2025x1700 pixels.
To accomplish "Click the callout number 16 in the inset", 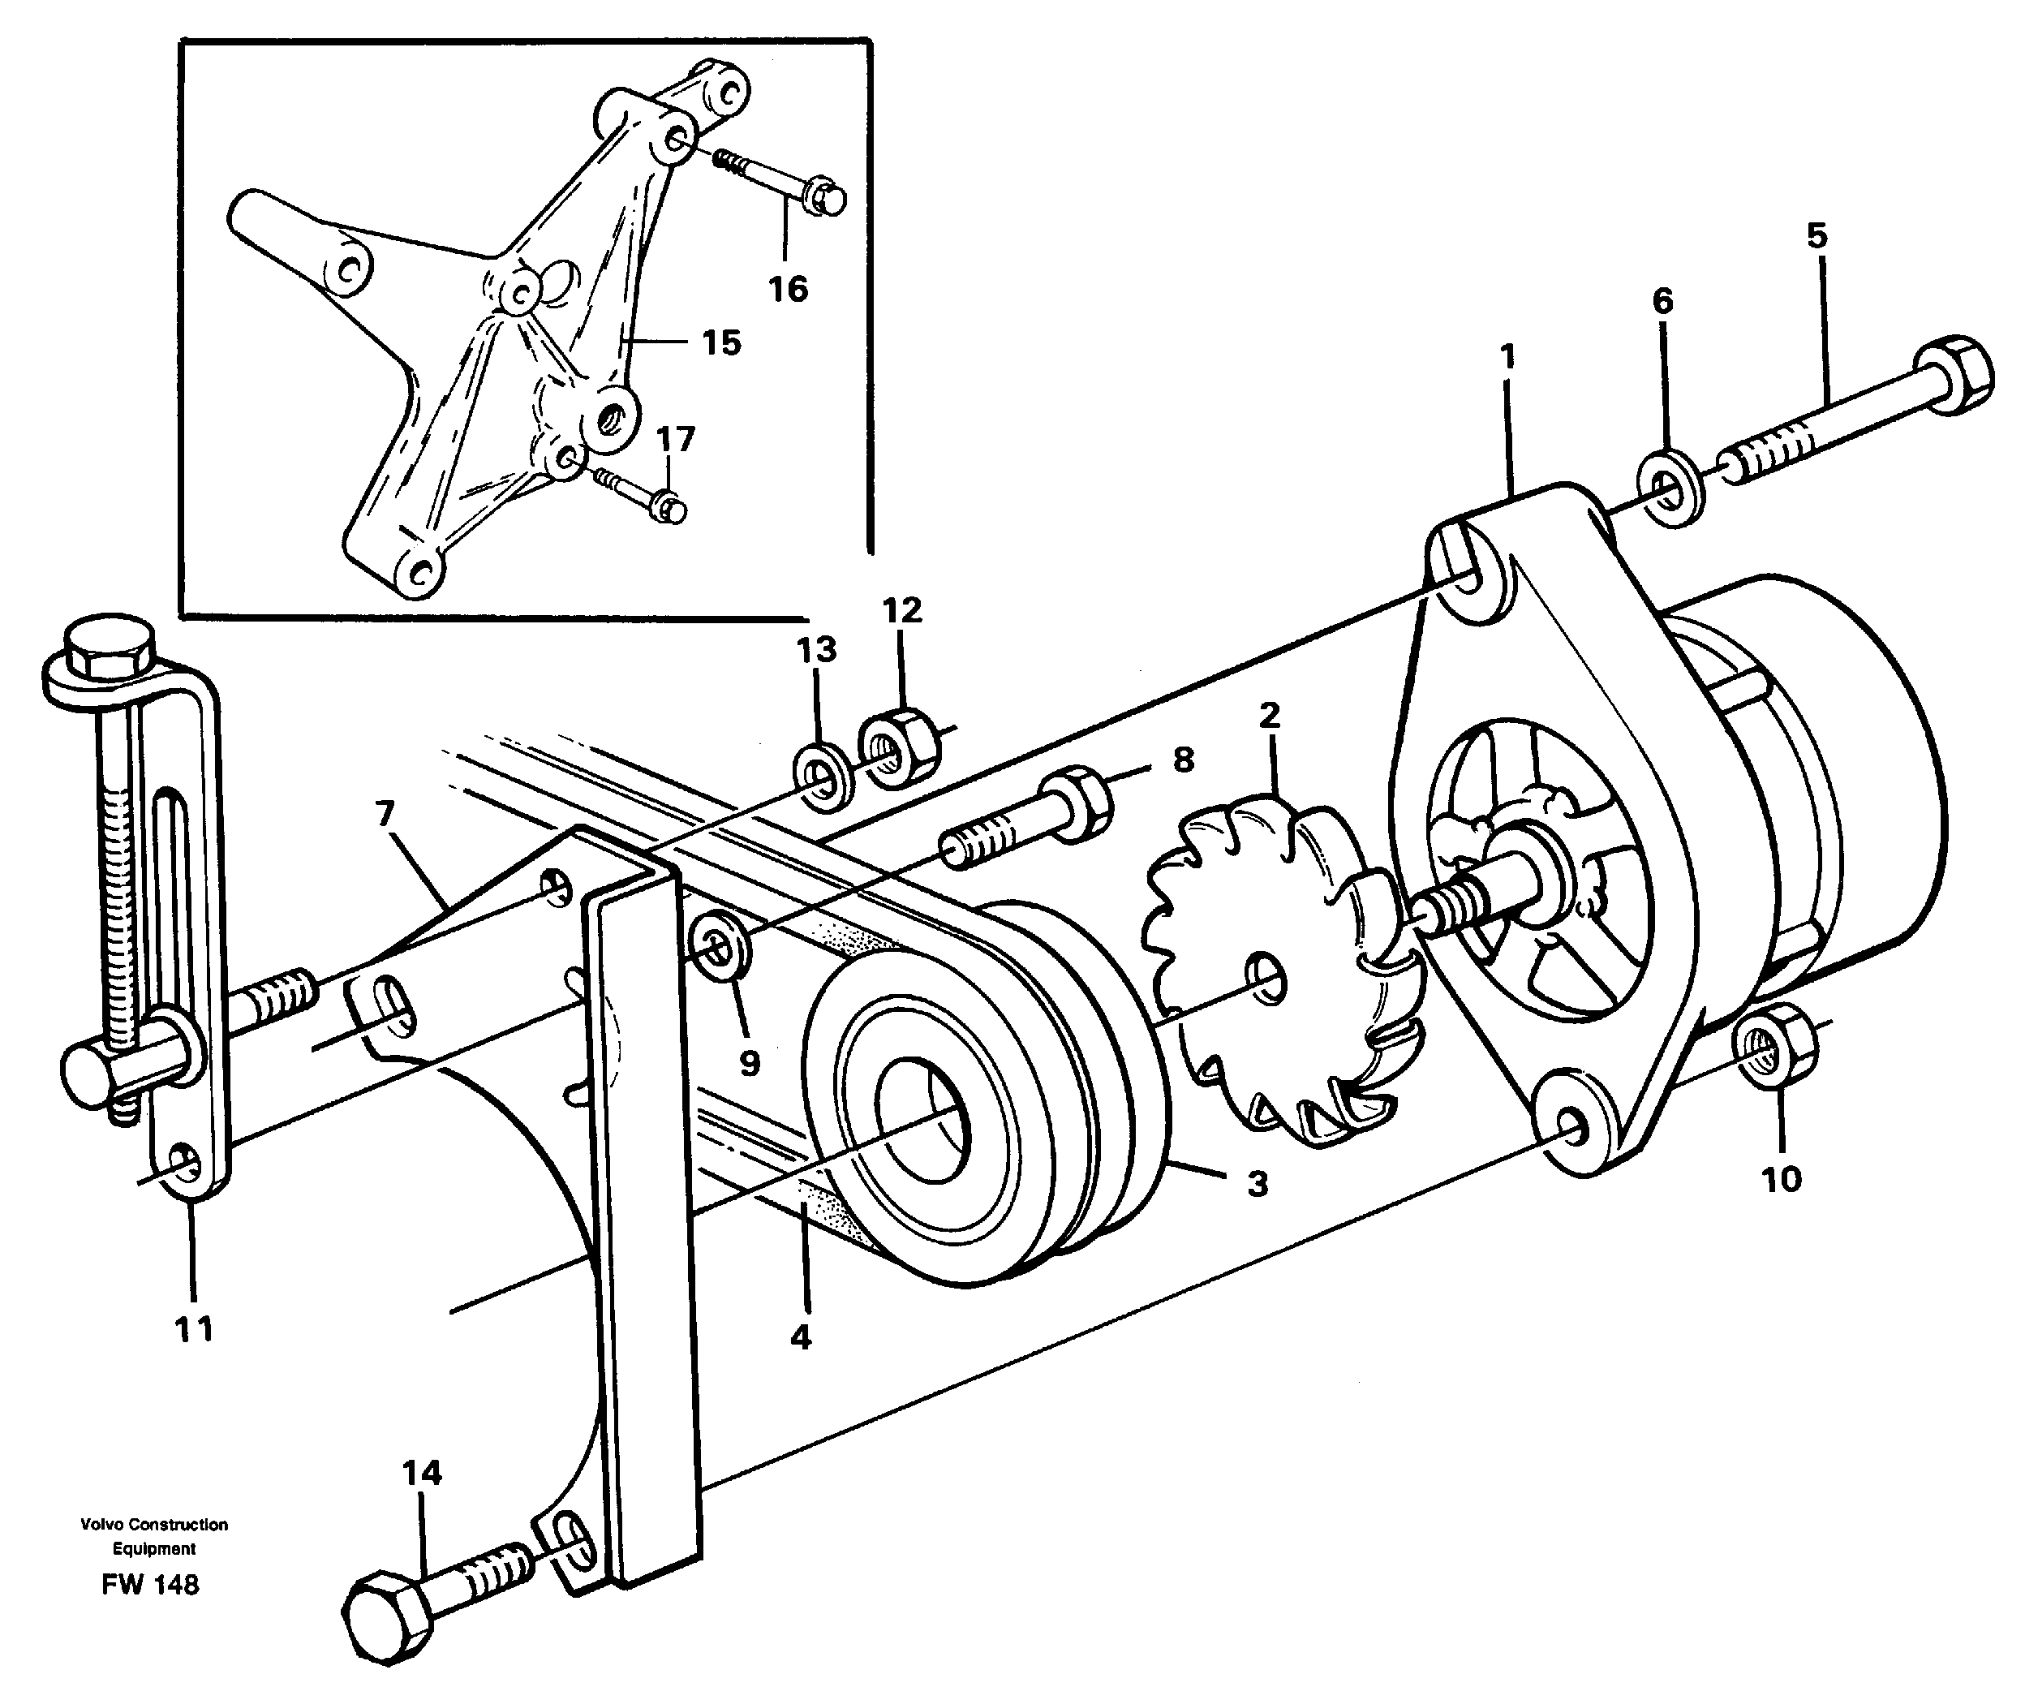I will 787,288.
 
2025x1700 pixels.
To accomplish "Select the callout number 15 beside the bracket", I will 720,342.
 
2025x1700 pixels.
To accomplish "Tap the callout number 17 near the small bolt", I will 675,440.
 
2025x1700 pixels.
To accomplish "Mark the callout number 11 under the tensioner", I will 193,1330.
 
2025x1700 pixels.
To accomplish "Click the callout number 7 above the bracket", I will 385,815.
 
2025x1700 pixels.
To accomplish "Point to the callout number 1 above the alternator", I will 1507,358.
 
